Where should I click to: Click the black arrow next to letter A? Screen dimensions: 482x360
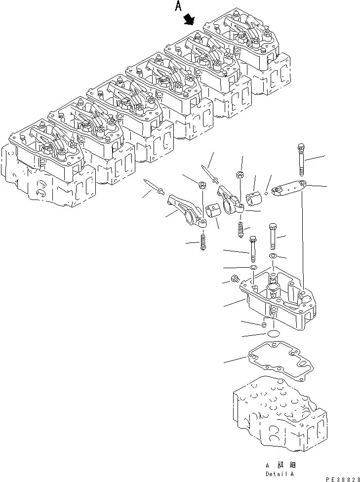tap(188, 19)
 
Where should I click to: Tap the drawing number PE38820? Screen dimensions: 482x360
tap(340, 473)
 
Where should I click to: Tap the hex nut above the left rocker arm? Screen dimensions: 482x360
tap(202, 186)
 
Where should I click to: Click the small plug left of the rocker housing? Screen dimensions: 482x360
tap(235, 279)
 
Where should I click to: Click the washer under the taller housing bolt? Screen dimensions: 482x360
tap(273, 256)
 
